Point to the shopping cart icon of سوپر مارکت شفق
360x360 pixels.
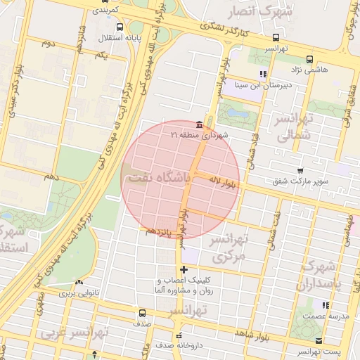(300, 171)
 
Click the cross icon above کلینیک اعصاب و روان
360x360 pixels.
(184, 269)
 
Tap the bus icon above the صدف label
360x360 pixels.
(143, 313)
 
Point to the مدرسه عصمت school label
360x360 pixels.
(326, 316)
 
